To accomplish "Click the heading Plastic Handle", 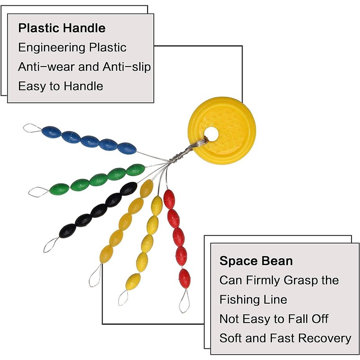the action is [62, 28].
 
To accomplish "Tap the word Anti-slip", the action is [126, 67].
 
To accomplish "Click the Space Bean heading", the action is [256, 261].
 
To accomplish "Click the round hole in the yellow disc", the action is [211, 134].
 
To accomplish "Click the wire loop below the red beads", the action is [184, 301].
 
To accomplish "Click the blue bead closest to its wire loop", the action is [52, 132].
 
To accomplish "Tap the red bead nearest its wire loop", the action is [184, 279].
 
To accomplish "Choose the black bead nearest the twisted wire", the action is [129, 189].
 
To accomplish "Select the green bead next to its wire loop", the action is [59, 189].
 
